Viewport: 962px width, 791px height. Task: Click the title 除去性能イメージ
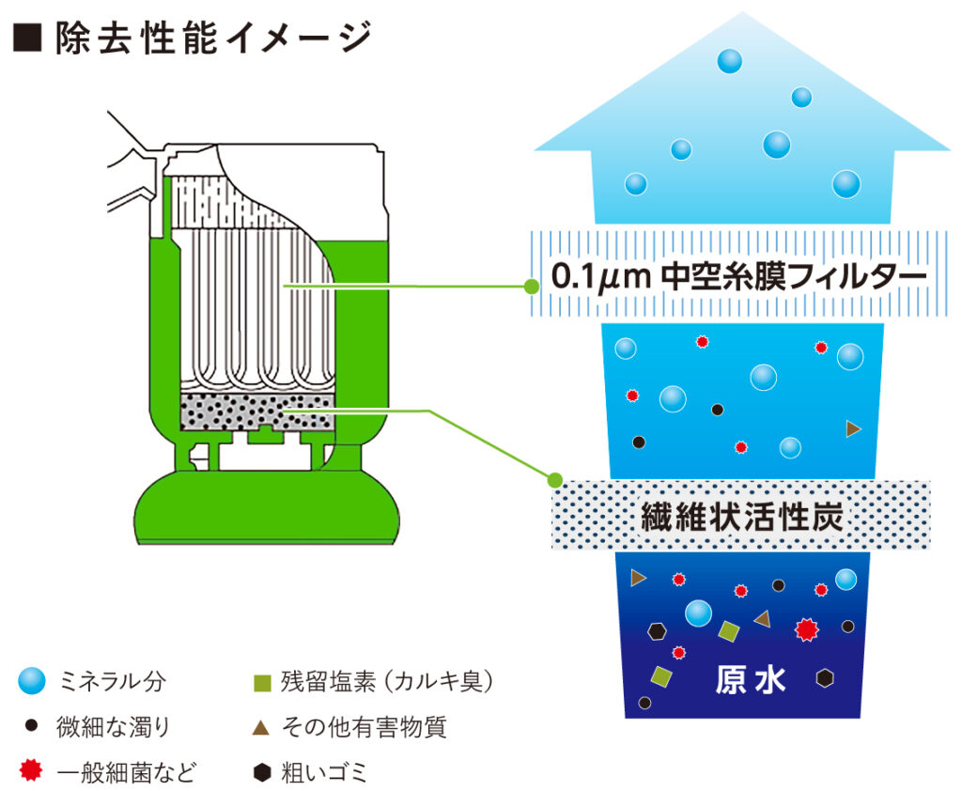(213, 38)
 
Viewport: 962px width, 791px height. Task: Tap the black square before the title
(27, 38)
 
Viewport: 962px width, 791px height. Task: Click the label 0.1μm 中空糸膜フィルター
(738, 275)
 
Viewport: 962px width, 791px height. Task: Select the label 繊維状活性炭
(742, 517)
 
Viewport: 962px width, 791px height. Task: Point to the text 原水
(751, 679)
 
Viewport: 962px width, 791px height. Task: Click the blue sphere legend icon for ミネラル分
(32, 680)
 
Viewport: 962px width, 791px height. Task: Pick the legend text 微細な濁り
(114, 726)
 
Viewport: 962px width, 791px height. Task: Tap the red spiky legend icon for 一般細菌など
(31, 770)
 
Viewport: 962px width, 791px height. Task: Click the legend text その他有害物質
(364, 727)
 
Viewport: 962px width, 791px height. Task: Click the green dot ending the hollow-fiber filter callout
(532, 287)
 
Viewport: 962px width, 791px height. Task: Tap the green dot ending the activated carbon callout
(554, 479)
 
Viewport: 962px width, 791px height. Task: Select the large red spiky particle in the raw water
(806, 629)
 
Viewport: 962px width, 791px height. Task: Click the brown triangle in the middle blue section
(853, 428)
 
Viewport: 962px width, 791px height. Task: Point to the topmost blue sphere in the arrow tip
(729, 61)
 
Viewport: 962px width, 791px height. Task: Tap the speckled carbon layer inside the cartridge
(257, 411)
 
